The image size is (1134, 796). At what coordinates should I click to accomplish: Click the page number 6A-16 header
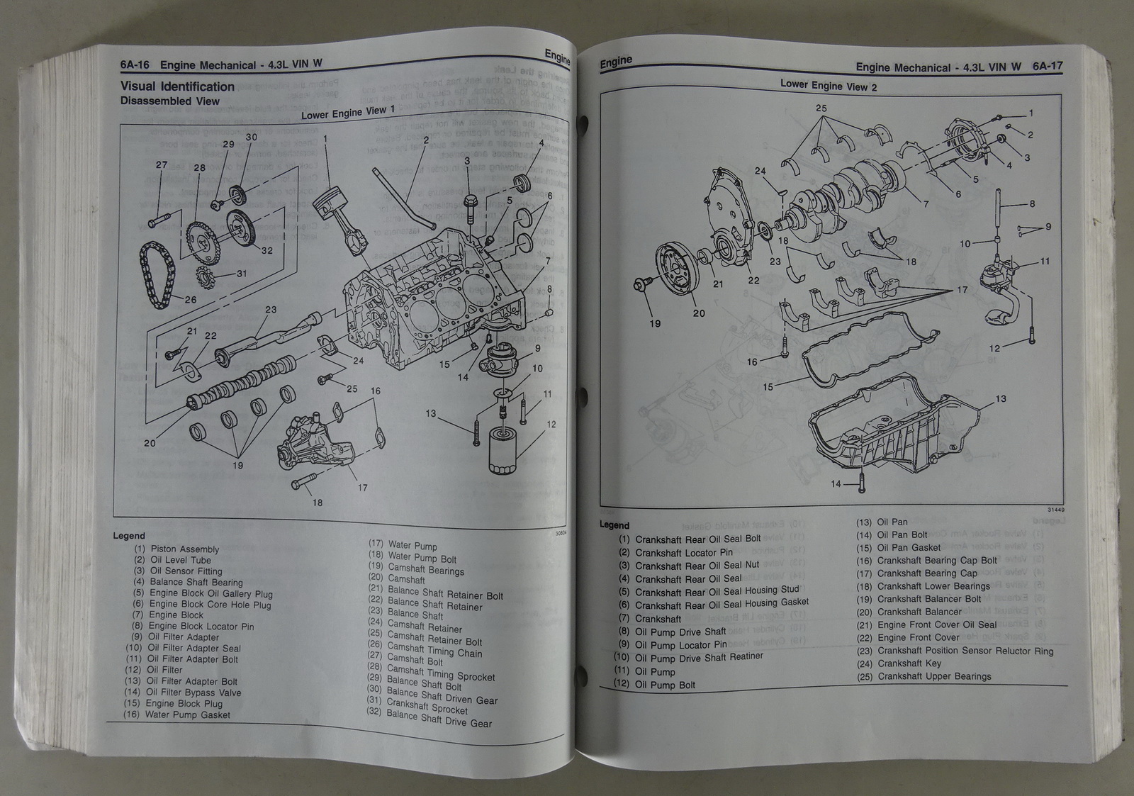point(135,65)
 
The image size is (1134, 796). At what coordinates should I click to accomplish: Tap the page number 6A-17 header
point(1048,67)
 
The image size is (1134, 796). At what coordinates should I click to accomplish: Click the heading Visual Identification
point(177,86)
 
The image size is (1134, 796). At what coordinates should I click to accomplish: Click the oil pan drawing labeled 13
point(893,432)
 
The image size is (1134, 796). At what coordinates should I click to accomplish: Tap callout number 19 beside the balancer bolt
point(655,324)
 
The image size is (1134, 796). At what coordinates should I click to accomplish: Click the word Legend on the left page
point(129,536)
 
